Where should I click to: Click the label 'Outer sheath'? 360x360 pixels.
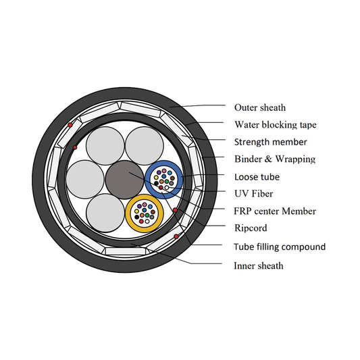tap(260, 107)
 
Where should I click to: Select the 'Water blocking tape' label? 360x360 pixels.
tap(276, 125)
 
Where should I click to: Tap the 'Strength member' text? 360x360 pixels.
tap(270, 142)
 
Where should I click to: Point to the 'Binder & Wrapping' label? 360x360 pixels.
tap(275, 159)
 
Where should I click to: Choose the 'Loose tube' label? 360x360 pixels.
tap(257, 177)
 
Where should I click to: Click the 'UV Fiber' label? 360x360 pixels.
tap(254, 194)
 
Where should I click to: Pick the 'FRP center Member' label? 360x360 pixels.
tap(275, 211)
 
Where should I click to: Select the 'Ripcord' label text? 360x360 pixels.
tap(251, 228)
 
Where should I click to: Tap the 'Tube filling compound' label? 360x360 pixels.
tap(280, 247)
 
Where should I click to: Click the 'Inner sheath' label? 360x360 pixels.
tap(259, 265)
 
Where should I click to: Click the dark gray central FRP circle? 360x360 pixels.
tap(125, 180)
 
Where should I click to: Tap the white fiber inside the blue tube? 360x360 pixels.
tap(167, 188)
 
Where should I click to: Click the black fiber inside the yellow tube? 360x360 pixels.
tap(137, 217)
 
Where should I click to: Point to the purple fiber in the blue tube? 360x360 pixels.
tap(159, 172)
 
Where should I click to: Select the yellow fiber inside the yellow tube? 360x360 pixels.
tap(136, 211)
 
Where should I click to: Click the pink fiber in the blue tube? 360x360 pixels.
tap(164, 171)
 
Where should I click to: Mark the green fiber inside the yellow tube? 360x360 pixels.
tap(147, 215)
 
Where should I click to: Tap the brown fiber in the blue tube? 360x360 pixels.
tap(172, 178)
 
